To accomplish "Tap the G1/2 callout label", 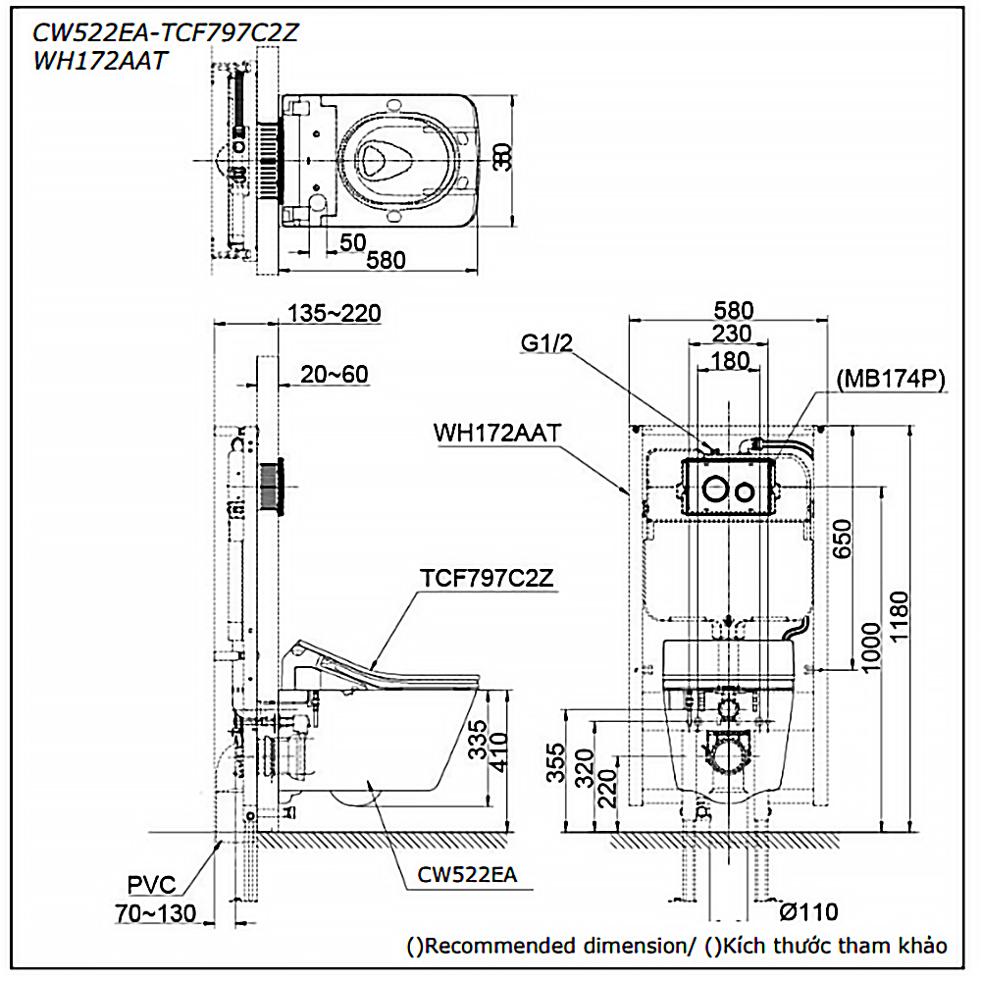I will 547,343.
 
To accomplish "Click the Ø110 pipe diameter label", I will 809,912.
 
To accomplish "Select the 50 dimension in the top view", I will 353,241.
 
